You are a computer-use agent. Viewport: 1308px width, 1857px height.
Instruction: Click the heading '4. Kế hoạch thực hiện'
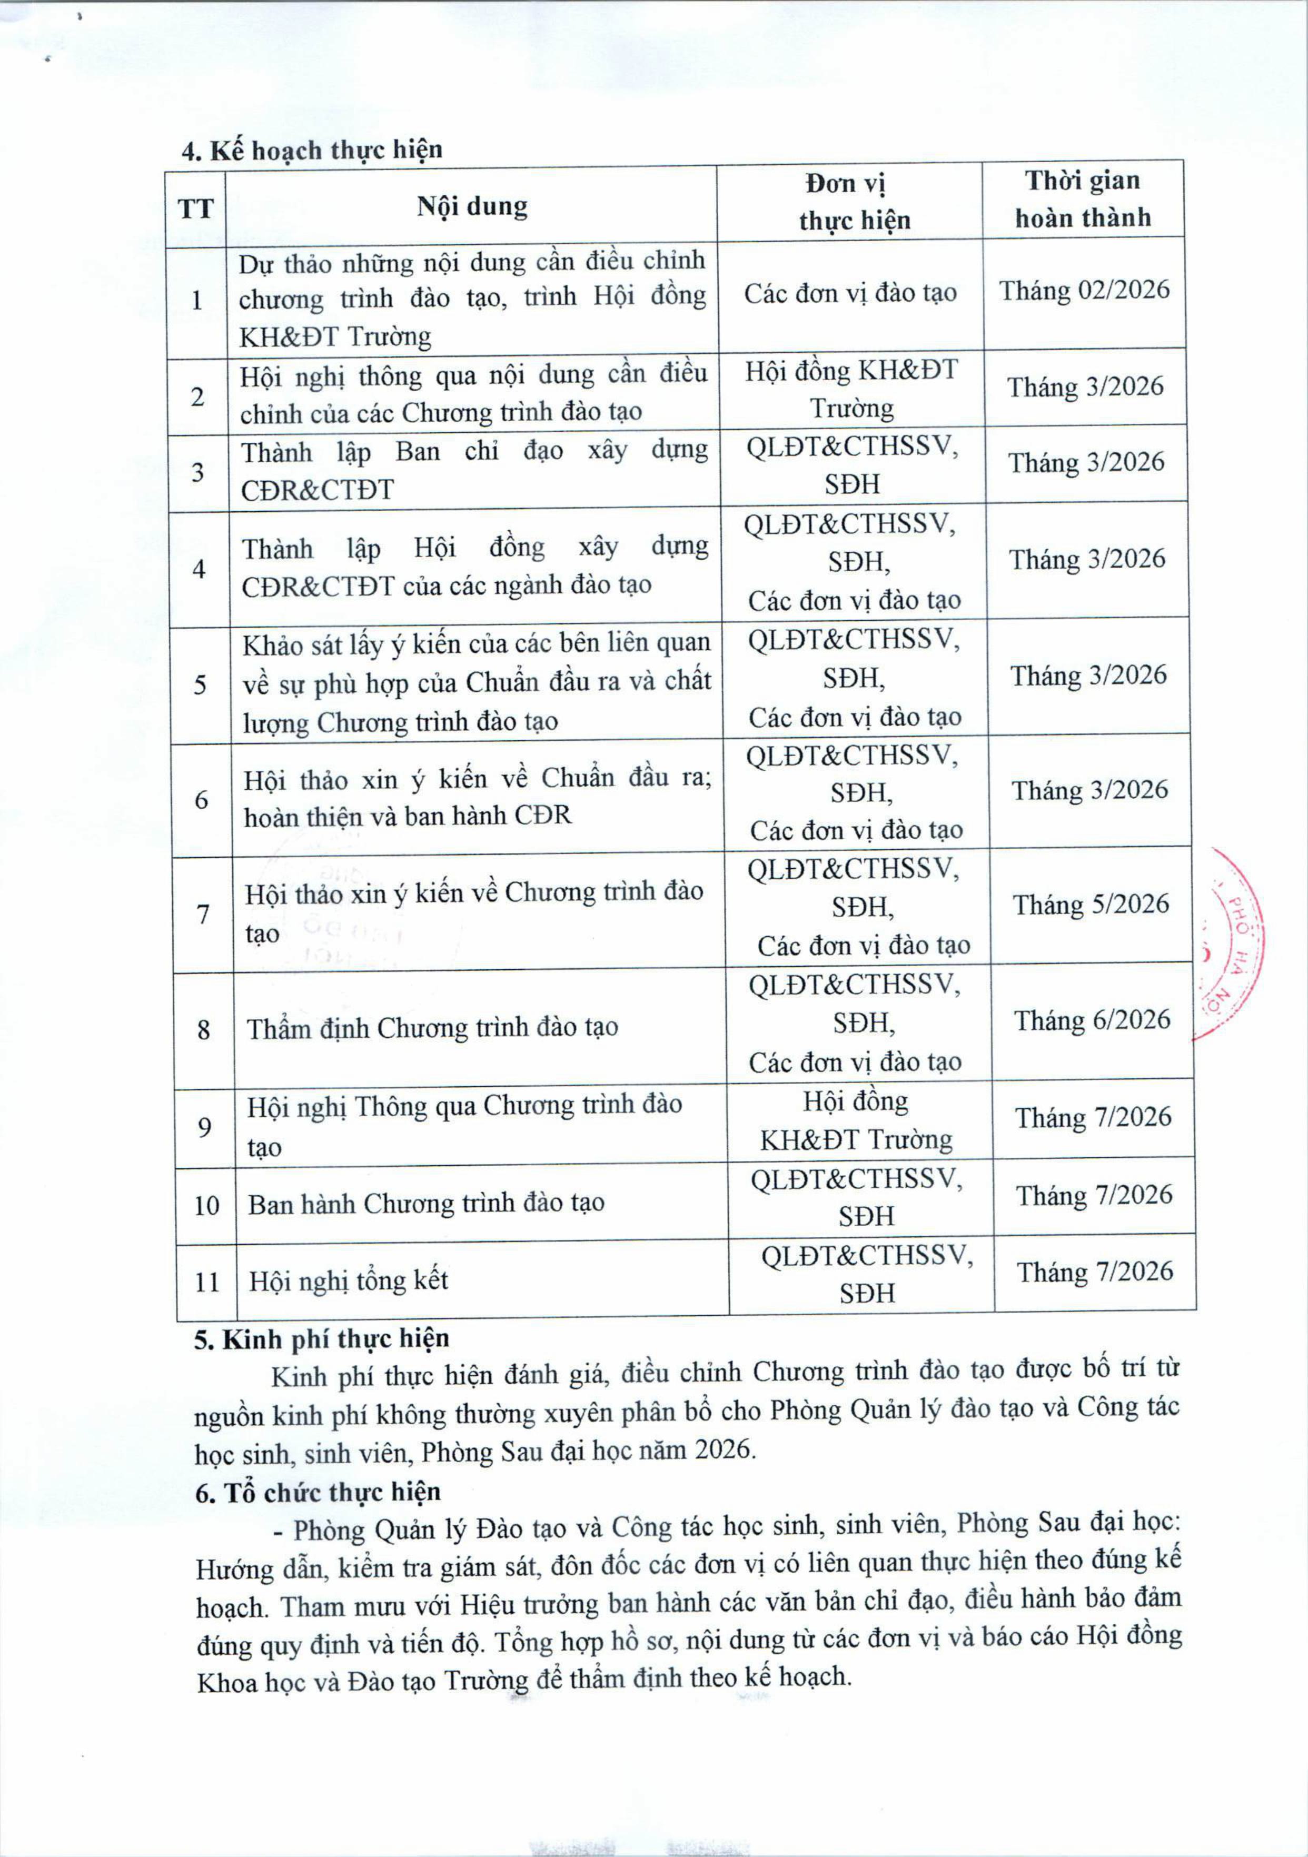311,151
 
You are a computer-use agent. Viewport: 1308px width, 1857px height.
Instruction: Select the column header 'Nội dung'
472,206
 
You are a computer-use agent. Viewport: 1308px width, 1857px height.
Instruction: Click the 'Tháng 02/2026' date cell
1084,290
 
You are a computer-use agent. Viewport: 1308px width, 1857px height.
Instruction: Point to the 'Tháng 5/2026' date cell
1091,904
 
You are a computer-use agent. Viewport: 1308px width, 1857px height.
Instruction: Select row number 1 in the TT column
196,301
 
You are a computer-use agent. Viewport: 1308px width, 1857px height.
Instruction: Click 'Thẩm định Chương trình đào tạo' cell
433,1028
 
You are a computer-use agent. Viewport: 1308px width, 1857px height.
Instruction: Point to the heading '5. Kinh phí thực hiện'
321,1338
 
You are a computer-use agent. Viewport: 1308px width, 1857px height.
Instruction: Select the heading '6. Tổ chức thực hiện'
318,1492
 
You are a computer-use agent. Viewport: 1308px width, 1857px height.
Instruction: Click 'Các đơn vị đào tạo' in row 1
850,293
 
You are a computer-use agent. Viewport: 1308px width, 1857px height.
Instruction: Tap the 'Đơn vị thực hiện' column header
854,202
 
